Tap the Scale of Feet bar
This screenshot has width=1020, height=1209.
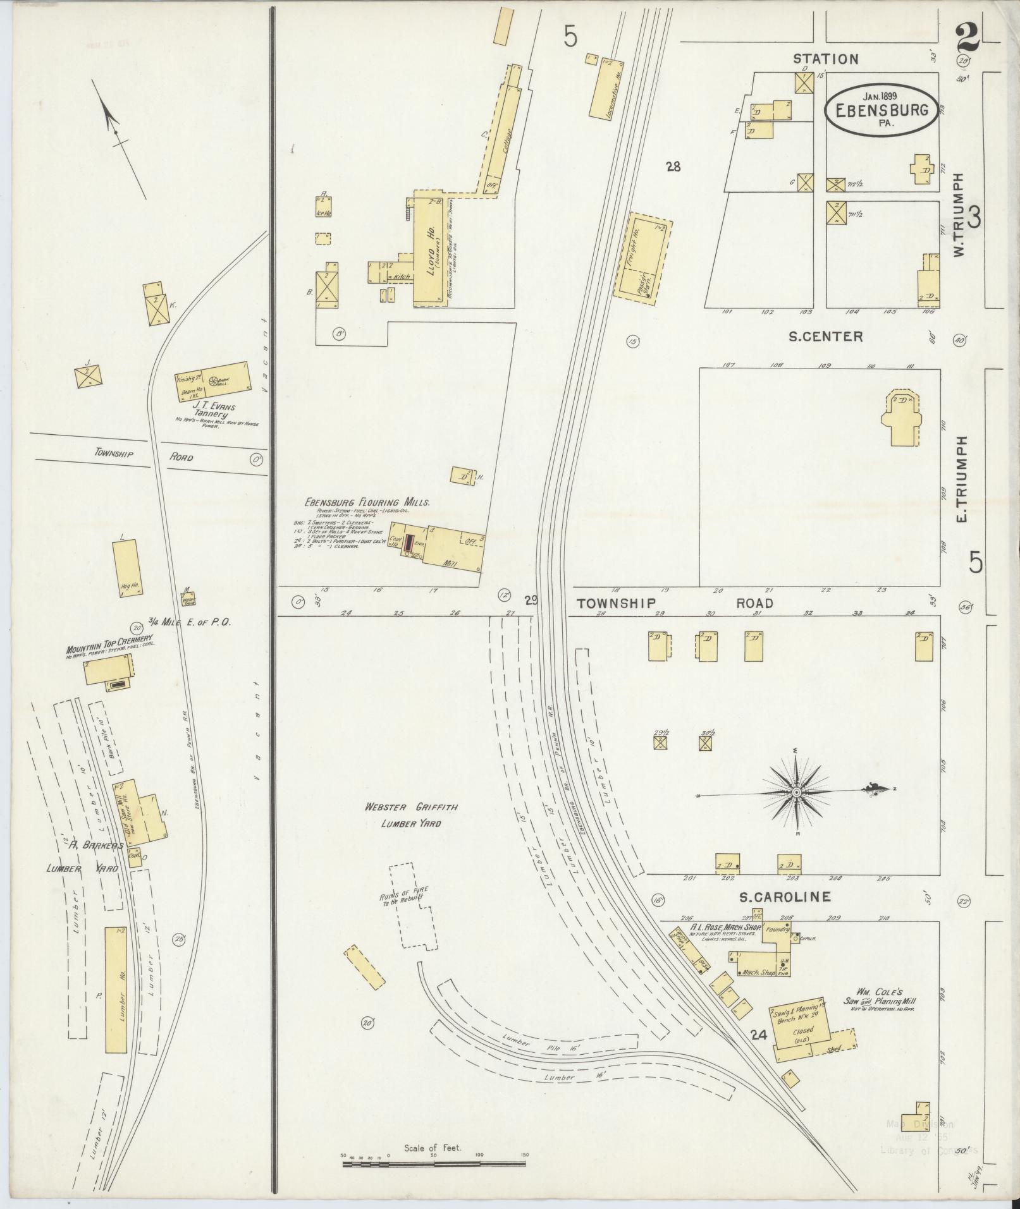(434, 1161)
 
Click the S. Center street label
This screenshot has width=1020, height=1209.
(825, 337)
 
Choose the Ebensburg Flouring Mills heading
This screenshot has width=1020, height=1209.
(367, 502)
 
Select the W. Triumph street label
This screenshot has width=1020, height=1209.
(959, 215)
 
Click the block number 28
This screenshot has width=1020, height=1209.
(673, 167)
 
